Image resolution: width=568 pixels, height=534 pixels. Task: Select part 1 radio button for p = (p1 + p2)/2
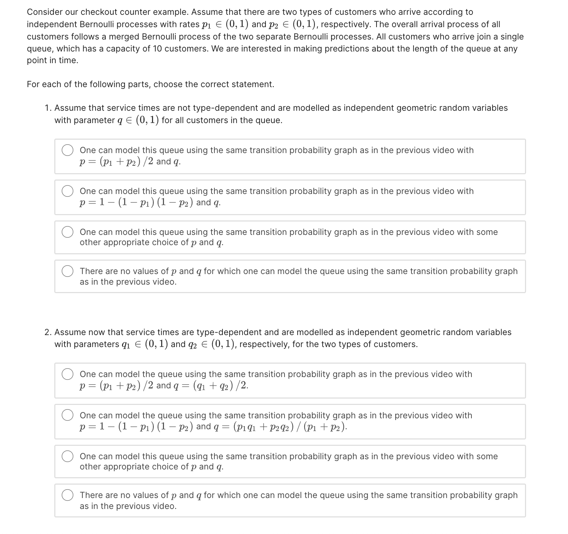point(68,150)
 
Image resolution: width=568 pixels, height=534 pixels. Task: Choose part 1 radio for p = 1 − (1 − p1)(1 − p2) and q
point(68,191)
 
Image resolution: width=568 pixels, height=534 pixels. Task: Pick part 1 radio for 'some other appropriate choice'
point(68,232)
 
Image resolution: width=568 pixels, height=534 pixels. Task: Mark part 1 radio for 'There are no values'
point(68,271)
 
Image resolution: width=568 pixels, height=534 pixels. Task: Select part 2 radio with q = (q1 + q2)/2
point(68,374)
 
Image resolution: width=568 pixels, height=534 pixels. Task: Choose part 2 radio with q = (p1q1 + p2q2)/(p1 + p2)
point(68,415)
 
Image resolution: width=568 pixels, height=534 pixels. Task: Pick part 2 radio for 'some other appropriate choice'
point(68,456)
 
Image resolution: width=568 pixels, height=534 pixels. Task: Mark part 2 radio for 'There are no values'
point(68,495)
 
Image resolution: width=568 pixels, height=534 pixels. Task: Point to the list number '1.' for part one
point(48,108)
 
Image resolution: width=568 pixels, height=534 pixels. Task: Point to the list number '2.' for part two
point(49,332)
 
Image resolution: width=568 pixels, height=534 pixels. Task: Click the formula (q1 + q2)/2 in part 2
point(220,386)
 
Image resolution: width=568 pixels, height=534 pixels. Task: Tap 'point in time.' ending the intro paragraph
point(53,61)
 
